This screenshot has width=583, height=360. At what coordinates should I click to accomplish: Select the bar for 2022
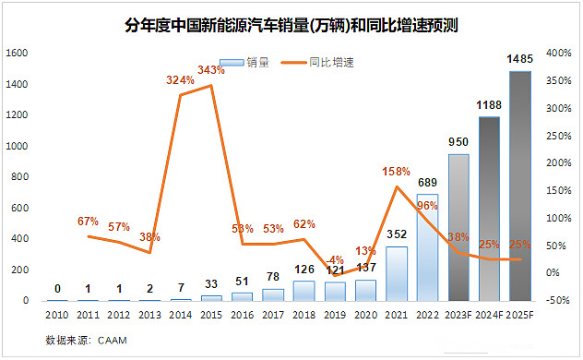(427, 247)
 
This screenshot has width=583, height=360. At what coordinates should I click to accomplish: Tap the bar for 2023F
(458, 227)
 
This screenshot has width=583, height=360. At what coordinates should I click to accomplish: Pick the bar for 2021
(396, 273)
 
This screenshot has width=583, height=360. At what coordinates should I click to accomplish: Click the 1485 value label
(519, 60)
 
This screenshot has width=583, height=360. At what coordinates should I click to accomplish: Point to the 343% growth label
(211, 70)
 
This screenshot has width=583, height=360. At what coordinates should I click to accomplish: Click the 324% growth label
(180, 80)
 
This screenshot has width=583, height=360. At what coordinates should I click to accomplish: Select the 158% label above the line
(396, 171)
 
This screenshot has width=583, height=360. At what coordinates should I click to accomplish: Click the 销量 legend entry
(250, 63)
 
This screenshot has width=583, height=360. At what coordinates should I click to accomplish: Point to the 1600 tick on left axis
(17, 54)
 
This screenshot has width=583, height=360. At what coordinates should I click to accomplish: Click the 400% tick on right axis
(557, 54)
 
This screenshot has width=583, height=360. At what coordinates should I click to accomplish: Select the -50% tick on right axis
(557, 301)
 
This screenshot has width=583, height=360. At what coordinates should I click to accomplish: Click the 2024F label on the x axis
(489, 316)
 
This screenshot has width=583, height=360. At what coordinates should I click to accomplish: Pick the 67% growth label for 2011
(88, 221)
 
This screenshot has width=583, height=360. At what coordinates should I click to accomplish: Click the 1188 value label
(489, 106)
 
